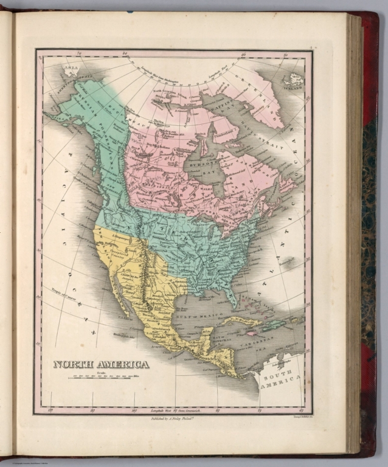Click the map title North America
point(101,364)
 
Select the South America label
point(280,381)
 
